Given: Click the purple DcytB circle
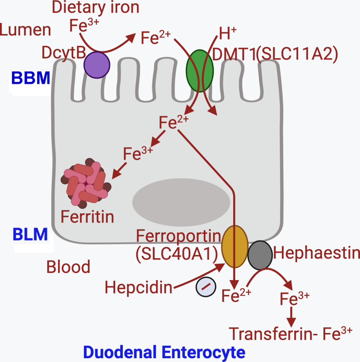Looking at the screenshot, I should coord(97,64).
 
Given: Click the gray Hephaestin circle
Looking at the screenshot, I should coord(260,255).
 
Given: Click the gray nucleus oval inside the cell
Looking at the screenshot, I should coord(181,199).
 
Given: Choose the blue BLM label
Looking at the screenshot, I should coord(30,235).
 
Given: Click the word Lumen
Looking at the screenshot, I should coord(26,30).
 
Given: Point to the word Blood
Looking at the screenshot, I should coord(68,267).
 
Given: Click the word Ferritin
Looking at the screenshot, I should coord(88,217).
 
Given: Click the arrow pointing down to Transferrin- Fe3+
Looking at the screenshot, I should coord(291,316).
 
